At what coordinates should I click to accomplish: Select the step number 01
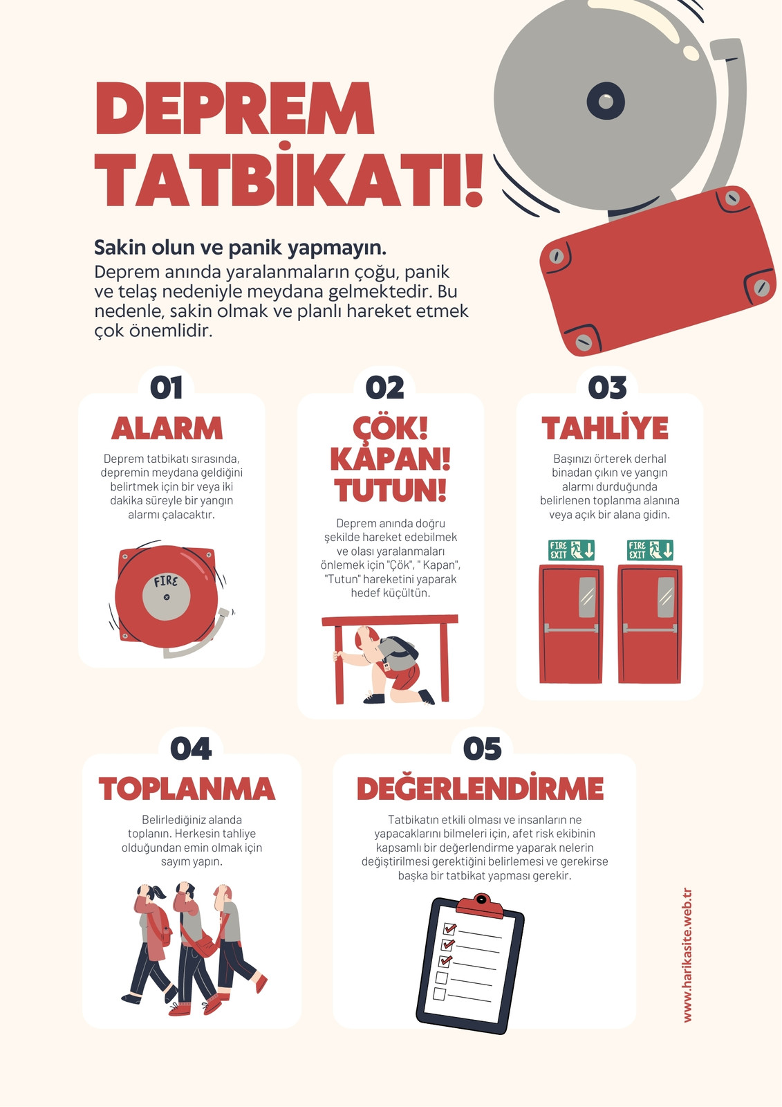click(x=167, y=387)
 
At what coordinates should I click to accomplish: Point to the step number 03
click(x=607, y=387)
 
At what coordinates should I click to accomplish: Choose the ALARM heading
click(x=167, y=428)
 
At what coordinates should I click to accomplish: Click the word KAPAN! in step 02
click(x=390, y=459)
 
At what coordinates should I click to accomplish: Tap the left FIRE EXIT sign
click(x=571, y=550)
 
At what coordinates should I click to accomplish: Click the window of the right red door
click(x=666, y=597)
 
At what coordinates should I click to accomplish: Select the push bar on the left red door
click(x=571, y=629)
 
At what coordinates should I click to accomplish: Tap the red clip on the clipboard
click(x=480, y=906)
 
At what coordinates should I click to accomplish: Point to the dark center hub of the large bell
click(x=606, y=101)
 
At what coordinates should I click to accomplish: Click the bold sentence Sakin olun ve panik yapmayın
click(x=240, y=248)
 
